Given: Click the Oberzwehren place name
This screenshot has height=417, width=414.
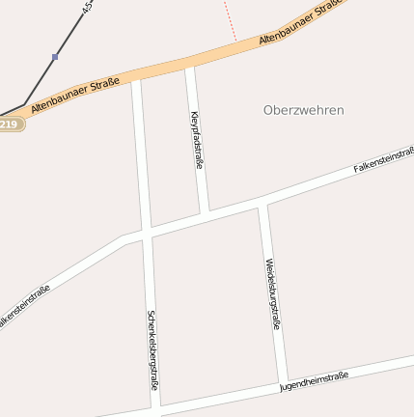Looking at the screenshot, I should coord(303,110).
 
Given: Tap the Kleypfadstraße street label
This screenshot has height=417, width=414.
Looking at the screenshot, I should coord(197,140).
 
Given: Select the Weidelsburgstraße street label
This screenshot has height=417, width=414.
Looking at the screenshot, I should coord(272,294).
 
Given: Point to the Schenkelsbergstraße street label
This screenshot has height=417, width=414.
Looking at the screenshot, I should coord(152,349).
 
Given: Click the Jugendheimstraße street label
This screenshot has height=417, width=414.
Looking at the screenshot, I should coord(314,379).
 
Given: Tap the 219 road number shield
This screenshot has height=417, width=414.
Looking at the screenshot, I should coord(9,124).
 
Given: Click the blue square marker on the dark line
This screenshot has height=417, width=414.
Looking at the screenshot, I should coord(55,57).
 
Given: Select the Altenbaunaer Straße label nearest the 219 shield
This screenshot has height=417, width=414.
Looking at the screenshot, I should coord(75,97).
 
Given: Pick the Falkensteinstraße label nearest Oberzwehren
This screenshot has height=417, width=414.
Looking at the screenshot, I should coord(383,160).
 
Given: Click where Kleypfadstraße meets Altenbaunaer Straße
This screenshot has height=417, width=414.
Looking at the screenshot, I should coord(189,63).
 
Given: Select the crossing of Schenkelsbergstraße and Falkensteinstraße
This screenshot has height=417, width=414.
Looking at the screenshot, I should coord(147,232).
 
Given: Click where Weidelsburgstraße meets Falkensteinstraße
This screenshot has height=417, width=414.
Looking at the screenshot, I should coord(262,201).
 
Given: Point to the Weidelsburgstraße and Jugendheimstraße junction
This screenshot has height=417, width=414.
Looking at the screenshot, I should coord(283,378).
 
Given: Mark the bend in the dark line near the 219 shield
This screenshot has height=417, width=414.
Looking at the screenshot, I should coord(24,105).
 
